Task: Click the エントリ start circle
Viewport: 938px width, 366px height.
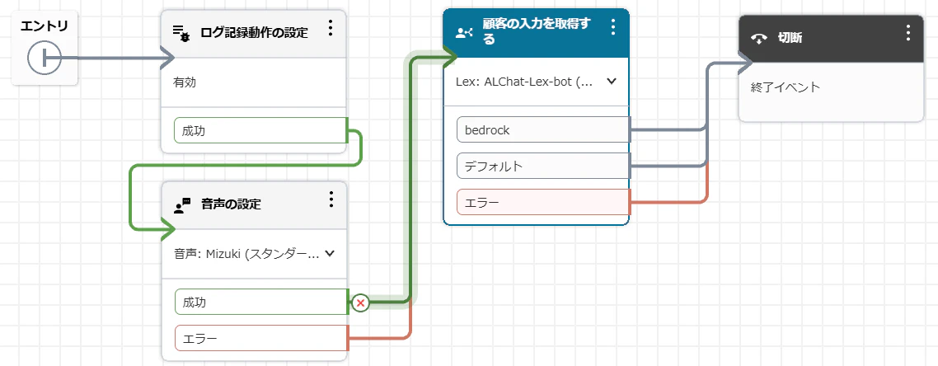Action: click(x=45, y=58)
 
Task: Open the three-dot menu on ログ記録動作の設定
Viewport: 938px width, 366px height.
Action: click(x=331, y=27)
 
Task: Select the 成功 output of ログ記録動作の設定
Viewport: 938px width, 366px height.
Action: click(x=260, y=131)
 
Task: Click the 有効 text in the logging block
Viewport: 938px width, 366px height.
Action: click(x=185, y=82)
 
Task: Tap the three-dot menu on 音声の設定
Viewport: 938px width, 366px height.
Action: click(x=331, y=199)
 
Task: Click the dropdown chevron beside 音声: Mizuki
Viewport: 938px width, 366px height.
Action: click(x=329, y=254)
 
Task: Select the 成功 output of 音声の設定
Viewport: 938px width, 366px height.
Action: click(x=260, y=302)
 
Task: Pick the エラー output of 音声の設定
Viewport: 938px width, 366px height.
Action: click(x=260, y=339)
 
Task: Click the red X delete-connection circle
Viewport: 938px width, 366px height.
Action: click(x=360, y=303)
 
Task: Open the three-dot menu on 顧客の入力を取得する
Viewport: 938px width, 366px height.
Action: click(x=612, y=26)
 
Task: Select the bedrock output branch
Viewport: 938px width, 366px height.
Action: click(x=543, y=129)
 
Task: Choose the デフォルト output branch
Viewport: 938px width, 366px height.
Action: click(x=543, y=166)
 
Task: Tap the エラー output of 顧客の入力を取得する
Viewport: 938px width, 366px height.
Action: click(x=543, y=202)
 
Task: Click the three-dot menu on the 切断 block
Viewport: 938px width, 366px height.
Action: click(x=908, y=33)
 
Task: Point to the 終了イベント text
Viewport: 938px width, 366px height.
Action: click(x=786, y=87)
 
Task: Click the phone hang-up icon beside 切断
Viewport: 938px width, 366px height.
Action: click(x=759, y=39)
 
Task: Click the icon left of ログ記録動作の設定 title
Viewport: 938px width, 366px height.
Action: click(x=181, y=34)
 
